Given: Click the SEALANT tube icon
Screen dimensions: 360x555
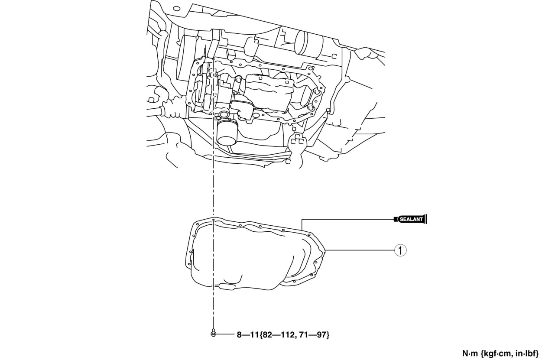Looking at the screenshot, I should pyautogui.click(x=411, y=219).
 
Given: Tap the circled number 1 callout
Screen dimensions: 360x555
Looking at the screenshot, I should pyautogui.click(x=400, y=250).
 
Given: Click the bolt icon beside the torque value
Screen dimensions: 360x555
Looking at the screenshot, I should pyautogui.click(x=213, y=334).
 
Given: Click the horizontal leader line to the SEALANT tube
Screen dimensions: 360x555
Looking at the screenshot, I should pyautogui.click(x=347, y=219).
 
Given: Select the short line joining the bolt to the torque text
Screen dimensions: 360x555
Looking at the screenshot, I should pyautogui.click(x=224, y=334).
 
